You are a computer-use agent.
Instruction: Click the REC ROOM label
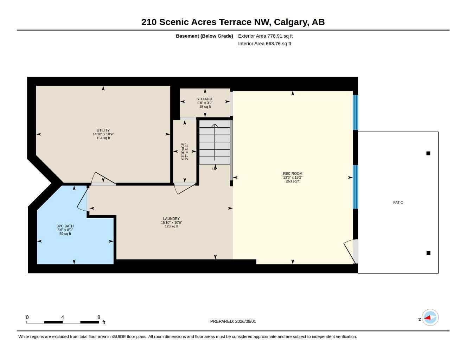[x=293, y=173]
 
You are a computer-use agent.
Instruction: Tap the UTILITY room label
[x=103, y=130]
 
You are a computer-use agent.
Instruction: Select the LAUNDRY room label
[x=171, y=219]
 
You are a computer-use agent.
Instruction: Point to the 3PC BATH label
[x=65, y=226]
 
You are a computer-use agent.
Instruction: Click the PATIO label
[x=398, y=202]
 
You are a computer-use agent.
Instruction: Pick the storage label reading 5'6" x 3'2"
[x=205, y=103]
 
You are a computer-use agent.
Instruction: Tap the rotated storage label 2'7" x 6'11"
[x=185, y=151]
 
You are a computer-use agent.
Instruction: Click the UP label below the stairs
[x=215, y=169]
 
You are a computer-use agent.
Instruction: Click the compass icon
[x=430, y=317]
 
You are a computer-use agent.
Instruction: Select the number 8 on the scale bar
[x=98, y=317]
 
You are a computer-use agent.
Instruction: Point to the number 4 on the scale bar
[x=62, y=317]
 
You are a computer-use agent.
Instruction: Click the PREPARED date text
[x=233, y=321]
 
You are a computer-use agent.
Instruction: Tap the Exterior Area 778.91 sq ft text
[x=265, y=36]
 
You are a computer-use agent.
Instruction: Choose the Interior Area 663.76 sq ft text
[x=264, y=44]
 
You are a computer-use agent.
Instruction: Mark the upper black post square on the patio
[x=428, y=153]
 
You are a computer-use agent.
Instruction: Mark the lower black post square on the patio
[x=428, y=253]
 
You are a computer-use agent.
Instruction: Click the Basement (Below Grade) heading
[x=204, y=36]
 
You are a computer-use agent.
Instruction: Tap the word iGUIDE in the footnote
[x=119, y=337]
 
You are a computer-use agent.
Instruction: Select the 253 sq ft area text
[x=293, y=181]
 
